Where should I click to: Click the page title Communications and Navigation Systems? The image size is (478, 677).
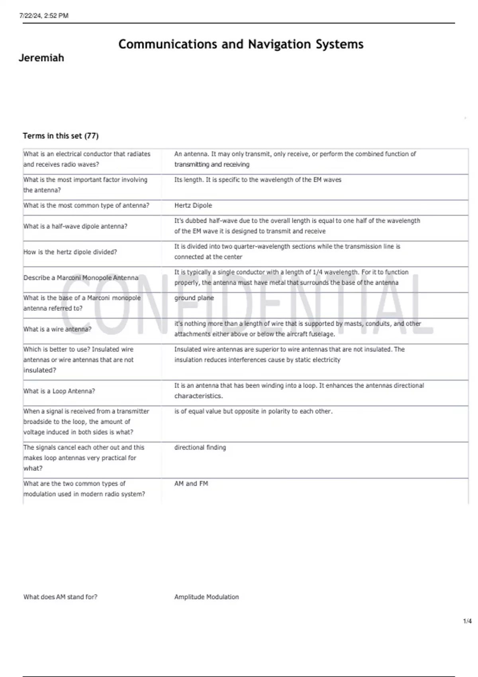241,44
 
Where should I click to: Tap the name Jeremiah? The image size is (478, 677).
41,58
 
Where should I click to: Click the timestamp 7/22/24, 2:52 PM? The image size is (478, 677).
44,16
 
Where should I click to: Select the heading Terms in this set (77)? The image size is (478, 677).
61,136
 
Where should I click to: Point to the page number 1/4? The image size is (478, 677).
467,621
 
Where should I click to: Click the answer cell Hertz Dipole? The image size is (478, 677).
193,205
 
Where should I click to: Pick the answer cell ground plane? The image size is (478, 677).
194,298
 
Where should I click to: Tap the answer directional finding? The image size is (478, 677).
200,448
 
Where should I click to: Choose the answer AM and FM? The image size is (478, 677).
191,483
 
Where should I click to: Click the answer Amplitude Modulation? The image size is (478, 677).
206,597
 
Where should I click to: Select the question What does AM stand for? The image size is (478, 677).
61,597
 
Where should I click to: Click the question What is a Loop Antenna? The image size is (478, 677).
59,391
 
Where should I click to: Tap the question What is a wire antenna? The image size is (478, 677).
57,329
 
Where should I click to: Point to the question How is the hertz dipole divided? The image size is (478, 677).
70,252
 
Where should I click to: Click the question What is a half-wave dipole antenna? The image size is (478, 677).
75,226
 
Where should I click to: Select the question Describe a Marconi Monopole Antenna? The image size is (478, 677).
81,278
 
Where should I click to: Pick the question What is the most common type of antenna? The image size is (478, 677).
86,205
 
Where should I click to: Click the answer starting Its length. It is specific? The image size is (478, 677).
258,180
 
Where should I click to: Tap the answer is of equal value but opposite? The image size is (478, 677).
253,411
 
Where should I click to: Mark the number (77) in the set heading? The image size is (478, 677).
92,136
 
